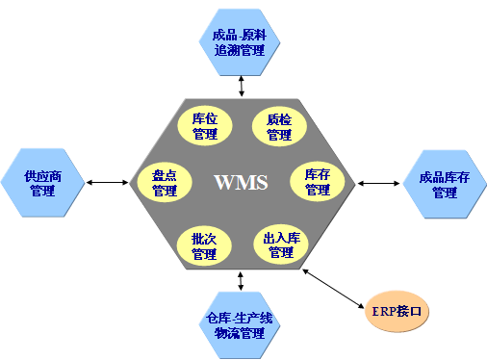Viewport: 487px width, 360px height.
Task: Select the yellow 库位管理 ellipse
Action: tap(204, 128)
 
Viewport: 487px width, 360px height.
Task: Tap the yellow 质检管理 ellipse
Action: tap(279, 128)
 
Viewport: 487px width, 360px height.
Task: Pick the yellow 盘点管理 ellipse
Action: tap(165, 183)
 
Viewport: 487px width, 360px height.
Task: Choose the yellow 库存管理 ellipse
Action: tap(318, 182)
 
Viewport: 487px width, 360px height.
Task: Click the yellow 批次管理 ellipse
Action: tap(204, 246)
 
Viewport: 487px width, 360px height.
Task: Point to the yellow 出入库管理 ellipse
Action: tap(281, 245)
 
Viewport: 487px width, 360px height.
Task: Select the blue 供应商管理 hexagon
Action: tap(42, 183)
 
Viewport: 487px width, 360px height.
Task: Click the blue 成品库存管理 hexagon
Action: tap(444, 185)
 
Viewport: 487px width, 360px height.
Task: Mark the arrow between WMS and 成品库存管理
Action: tap(380, 183)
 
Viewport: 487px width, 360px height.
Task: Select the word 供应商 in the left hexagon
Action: tap(42, 176)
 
